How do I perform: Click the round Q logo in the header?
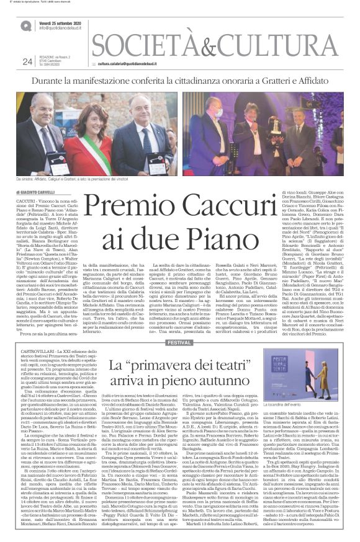coord(25,25)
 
